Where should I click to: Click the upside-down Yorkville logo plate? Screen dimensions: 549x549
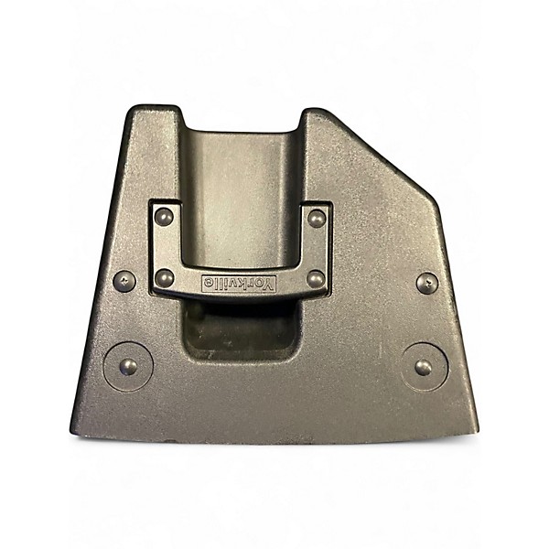point(239,283)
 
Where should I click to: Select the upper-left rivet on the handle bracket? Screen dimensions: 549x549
point(164,217)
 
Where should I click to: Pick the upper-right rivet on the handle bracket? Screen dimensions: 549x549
point(317,219)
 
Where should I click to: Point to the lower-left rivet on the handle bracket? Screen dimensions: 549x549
point(164,277)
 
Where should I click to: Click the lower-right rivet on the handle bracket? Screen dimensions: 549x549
point(316,279)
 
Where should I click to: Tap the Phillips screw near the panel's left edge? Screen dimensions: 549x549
point(124,281)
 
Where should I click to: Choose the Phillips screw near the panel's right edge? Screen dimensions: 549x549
point(427,282)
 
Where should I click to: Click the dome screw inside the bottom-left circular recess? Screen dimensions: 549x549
point(128,367)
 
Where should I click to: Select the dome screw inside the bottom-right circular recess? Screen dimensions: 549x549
point(424,367)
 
